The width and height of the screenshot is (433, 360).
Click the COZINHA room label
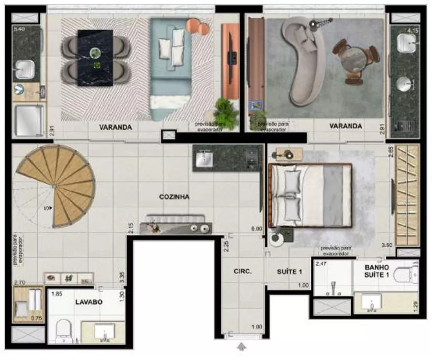[x=174, y=197]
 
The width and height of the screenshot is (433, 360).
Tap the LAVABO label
[x=88, y=302]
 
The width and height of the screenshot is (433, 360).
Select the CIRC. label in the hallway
[x=242, y=272]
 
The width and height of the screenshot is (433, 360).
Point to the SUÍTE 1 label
[x=289, y=272]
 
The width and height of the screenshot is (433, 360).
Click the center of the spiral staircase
[x=54, y=186]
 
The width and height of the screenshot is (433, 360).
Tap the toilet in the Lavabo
[x=64, y=330]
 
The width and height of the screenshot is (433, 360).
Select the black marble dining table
[x=95, y=57]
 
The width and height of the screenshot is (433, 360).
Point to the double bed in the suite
[x=310, y=195]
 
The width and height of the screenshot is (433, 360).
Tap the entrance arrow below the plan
[x=242, y=347]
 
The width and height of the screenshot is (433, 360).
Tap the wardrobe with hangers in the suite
[x=407, y=195]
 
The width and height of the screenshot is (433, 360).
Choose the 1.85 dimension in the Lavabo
[x=56, y=294]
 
